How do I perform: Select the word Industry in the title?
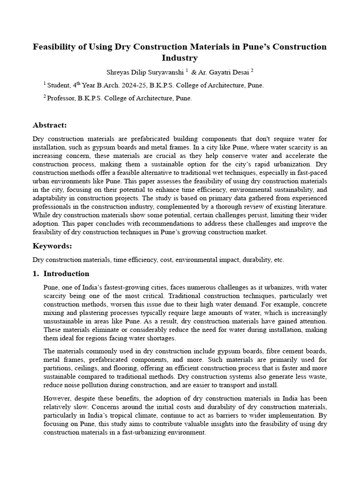tap(180, 58)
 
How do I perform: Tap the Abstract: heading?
tap(50, 125)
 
